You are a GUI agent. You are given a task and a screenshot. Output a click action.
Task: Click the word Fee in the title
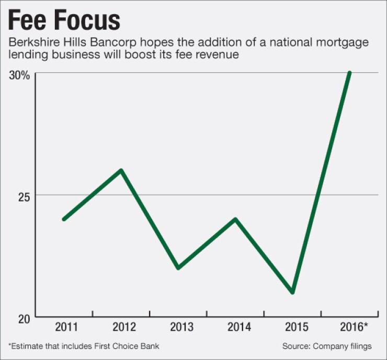coord(27,21)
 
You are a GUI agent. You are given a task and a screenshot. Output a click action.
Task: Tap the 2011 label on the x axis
coord(66,328)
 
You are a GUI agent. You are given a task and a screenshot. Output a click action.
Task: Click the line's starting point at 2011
coord(64,219)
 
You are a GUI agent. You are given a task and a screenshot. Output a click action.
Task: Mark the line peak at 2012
coord(121,171)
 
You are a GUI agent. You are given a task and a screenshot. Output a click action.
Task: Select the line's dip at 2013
coord(178,267)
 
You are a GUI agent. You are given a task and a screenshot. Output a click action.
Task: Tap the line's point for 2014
coord(235,219)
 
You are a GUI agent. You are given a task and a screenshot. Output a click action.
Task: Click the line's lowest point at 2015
coord(292,292)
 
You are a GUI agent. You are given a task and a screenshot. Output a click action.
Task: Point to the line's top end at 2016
coord(349,73)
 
